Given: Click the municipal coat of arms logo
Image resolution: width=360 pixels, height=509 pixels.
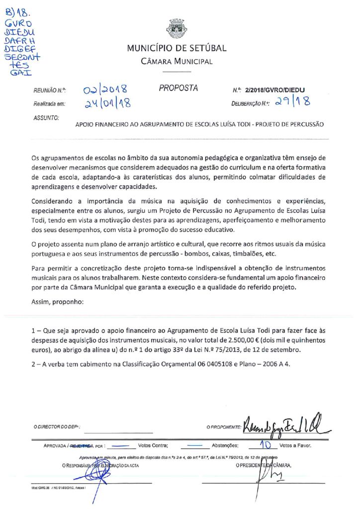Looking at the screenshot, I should point(177,28).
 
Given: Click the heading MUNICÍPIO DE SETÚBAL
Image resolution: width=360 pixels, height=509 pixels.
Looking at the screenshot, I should point(177,48).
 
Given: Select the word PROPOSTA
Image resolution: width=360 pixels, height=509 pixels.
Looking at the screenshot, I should point(178,88).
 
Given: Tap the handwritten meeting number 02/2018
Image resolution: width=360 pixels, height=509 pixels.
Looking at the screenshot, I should point(105,90).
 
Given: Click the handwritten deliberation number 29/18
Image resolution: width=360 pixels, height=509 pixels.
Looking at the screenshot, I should point(294,102).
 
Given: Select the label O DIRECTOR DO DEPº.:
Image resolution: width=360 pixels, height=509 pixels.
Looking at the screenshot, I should point(57,427).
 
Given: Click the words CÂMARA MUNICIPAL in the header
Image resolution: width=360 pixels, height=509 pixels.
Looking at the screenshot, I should point(177,62).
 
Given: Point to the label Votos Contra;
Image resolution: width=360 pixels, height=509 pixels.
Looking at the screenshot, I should point(153,446).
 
